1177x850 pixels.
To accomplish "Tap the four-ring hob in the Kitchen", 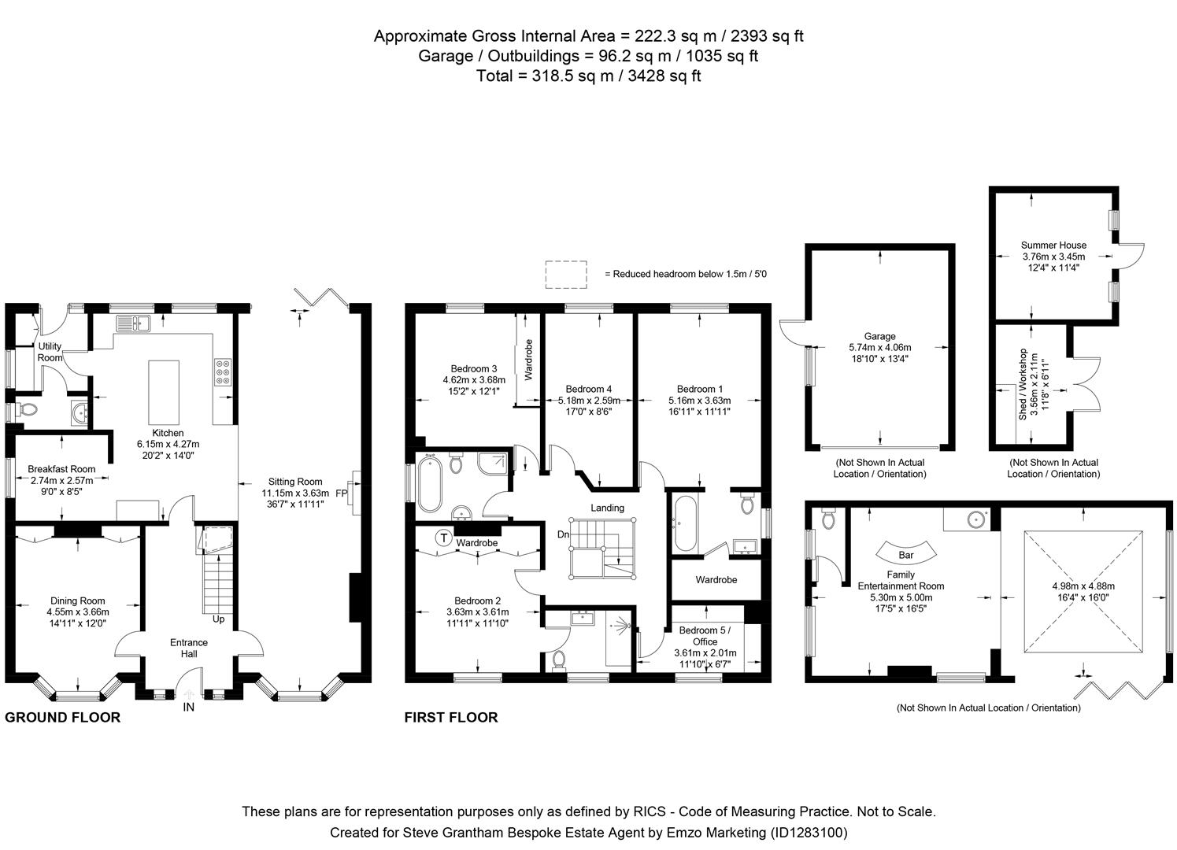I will (223, 371).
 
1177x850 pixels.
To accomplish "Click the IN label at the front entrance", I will (189, 707).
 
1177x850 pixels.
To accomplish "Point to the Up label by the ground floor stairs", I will (218, 619).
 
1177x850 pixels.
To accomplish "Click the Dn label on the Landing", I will (563, 534).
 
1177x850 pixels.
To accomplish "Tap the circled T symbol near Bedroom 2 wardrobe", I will (444, 538).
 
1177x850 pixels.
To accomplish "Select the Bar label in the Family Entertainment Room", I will (905, 555).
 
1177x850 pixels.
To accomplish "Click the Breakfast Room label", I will (61, 469).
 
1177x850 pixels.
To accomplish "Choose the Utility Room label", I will (50, 352).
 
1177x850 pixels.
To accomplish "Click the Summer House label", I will (1053, 246).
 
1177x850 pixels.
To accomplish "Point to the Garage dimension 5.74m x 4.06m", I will (879, 347).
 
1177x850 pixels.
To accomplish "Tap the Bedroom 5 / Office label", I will (705, 636).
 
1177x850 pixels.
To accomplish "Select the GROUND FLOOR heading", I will (63, 717).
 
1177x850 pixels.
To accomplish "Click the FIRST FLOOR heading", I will (451, 717).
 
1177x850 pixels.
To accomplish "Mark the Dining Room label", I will (78, 601).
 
